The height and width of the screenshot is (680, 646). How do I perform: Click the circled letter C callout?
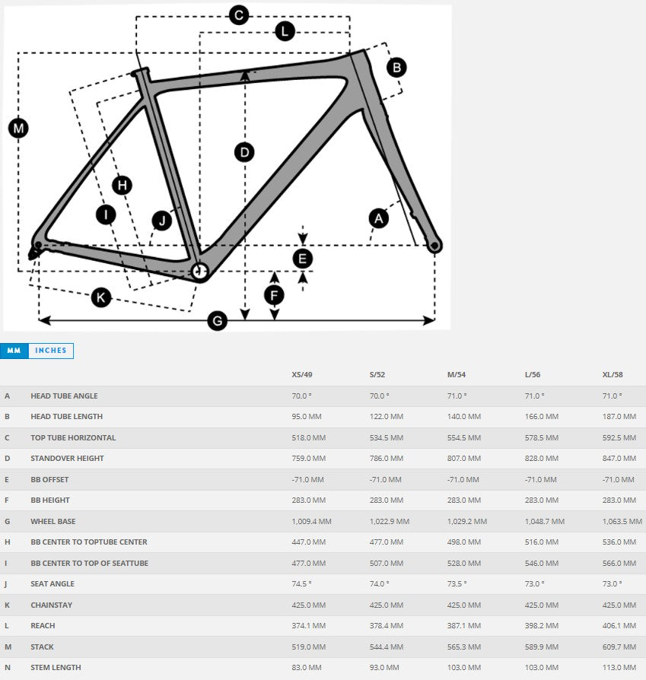point(239,16)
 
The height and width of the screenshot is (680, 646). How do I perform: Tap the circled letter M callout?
point(18,129)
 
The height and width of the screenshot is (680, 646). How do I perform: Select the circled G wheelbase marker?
point(218,321)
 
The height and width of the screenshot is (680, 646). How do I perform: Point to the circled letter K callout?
point(101,297)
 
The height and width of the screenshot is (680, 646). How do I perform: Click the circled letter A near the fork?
point(379,218)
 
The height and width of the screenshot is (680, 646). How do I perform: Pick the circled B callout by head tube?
point(396,68)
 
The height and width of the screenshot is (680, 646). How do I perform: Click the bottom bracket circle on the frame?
point(199,272)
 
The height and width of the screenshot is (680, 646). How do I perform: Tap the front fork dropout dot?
point(434,246)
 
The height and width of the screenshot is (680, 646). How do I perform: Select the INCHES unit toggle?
point(51,351)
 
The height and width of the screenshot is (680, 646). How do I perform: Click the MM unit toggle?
point(14,351)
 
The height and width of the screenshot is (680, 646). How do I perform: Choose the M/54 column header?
point(457,375)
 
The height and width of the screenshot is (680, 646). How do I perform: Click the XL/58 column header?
point(613,375)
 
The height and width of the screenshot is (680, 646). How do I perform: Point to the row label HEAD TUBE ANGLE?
point(64,396)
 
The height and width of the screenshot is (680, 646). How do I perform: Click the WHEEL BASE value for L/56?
point(545,521)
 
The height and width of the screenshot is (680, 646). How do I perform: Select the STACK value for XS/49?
point(308,647)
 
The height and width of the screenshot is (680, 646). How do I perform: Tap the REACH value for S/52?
point(386,625)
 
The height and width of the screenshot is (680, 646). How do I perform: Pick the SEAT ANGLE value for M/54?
point(457,583)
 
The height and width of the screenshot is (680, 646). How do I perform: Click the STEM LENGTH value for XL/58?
point(619,667)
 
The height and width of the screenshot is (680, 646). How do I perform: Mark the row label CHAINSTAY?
point(51,605)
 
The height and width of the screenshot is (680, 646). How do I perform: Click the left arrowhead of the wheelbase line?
point(44,320)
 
